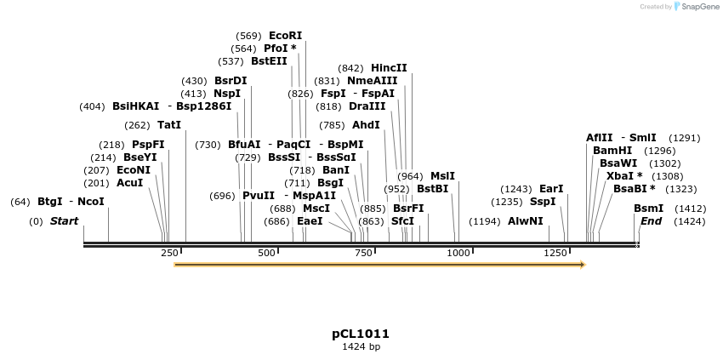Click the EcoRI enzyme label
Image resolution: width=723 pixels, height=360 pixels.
coord(285,36)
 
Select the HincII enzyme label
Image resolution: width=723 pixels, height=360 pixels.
coord(389,68)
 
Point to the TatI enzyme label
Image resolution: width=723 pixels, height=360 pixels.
coord(168,125)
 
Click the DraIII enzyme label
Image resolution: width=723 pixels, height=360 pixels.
coord(367,106)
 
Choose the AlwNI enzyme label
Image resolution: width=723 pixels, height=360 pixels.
coord(525,221)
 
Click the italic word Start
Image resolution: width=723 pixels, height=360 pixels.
coord(64,221)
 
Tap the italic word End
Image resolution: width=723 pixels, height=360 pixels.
coord(651,221)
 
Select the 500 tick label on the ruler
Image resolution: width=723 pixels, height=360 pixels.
coord(267,254)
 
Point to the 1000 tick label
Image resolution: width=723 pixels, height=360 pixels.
coord(458,254)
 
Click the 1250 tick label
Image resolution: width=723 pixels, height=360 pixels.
coord(555,254)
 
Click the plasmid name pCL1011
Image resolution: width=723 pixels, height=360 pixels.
coord(361,334)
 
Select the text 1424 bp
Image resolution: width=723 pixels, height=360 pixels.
coord(361,347)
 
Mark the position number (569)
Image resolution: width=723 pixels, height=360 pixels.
coord(248,36)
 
